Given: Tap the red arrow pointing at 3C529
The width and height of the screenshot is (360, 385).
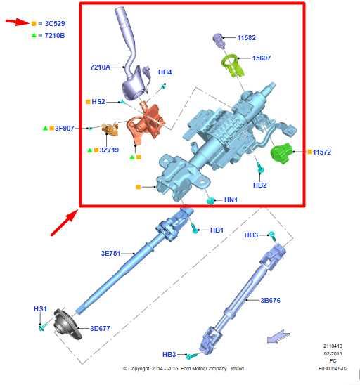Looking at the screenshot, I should [x=18, y=22].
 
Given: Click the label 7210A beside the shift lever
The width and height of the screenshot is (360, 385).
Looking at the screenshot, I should [x=101, y=67].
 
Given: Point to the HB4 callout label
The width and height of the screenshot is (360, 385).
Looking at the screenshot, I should [x=165, y=72].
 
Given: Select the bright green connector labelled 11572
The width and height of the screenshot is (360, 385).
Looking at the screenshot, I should [x=283, y=152].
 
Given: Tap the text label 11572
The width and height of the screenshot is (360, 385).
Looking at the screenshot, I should [x=323, y=152].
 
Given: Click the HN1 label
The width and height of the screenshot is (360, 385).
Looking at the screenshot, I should [x=231, y=200].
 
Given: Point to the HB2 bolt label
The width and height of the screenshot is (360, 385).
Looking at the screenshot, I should [x=259, y=185].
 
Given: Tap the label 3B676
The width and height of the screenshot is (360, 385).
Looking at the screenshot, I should [x=271, y=300].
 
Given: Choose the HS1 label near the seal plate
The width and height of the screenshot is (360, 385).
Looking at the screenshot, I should [x=40, y=309].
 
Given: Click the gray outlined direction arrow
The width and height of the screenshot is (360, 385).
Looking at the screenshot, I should [x=277, y=339].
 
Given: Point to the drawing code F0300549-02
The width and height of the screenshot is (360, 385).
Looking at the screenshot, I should [x=332, y=367].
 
